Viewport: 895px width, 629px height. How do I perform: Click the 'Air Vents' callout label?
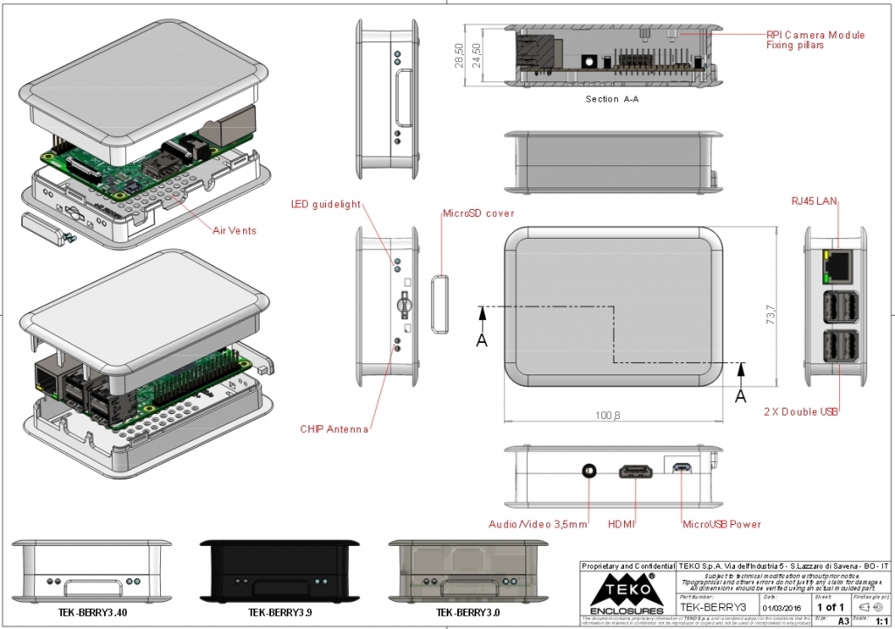(x=234, y=231)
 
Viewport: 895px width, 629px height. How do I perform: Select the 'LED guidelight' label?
(x=325, y=205)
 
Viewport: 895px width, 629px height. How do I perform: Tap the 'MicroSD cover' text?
(x=478, y=213)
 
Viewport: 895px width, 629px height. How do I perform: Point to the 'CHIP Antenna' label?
(x=334, y=429)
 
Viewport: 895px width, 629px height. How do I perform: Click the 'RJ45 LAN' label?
(x=814, y=202)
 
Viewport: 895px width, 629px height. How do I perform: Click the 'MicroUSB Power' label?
(x=721, y=524)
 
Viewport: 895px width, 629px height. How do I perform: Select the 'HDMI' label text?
(x=621, y=524)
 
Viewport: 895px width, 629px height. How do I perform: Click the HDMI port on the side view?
(x=636, y=472)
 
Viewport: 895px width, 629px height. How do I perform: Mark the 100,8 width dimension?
(x=607, y=416)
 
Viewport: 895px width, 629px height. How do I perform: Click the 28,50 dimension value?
(x=460, y=57)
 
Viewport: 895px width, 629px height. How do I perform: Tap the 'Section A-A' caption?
(x=612, y=99)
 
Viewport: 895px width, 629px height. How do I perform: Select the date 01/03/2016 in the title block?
(x=781, y=606)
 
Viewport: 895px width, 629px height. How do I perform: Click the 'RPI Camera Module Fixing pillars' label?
(x=815, y=39)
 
